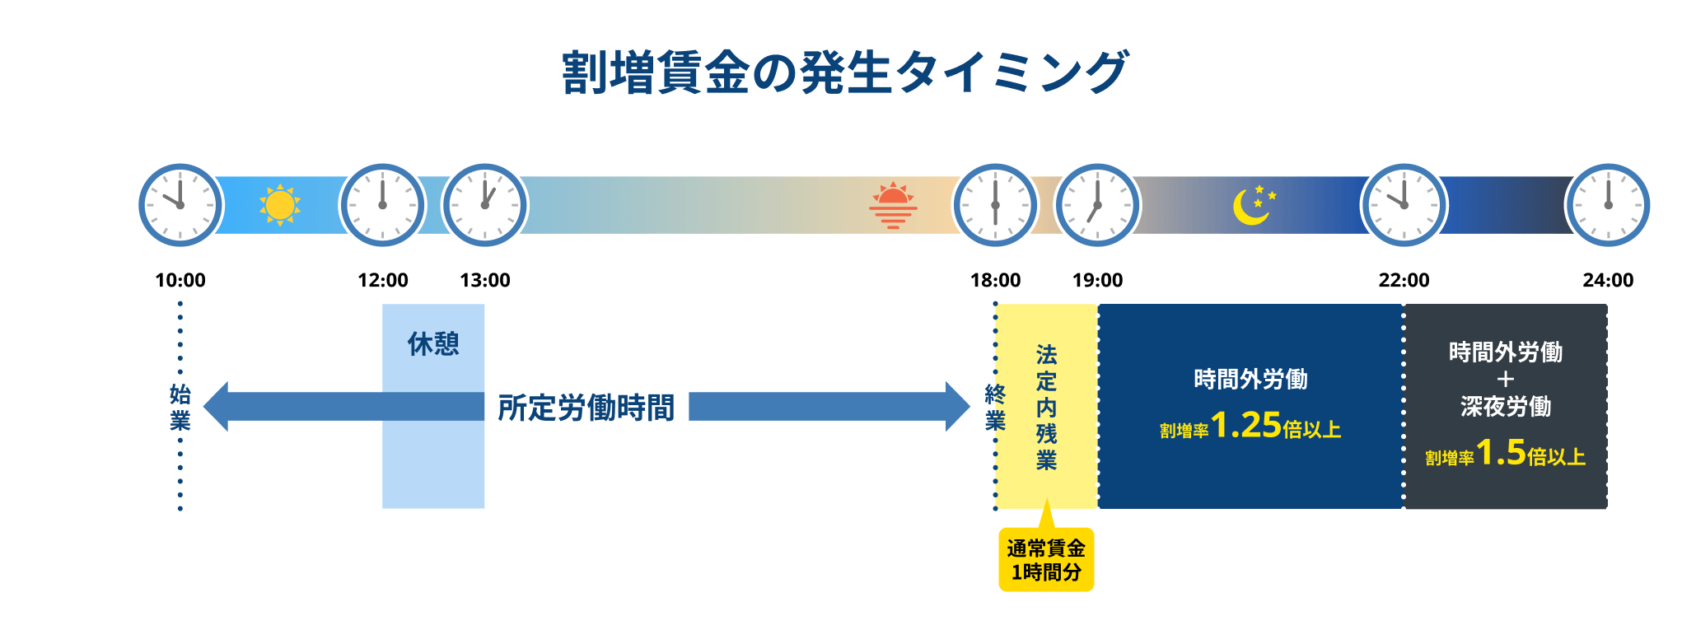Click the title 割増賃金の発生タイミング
pos(845,72)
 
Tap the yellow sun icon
pos(279,205)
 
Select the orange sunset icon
pos(893,205)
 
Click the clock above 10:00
pos(180,205)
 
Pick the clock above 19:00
pos(1097,205)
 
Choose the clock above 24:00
pos(1608,205)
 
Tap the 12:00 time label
pos(383,280)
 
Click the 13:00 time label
pos(485,280)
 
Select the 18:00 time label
pos(995,280)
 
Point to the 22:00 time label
pos(1404,280)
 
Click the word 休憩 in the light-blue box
pos(433,343)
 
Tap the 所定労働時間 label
pos(586,407)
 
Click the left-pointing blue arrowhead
pos(217,407)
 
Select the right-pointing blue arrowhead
pos(957,407)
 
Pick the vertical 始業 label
pos(180,407)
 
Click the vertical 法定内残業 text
pos(1046,407)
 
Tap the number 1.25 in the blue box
pos(1245,425)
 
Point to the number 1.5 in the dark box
pos(1501,452)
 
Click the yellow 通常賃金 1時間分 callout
pos(1046,560)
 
